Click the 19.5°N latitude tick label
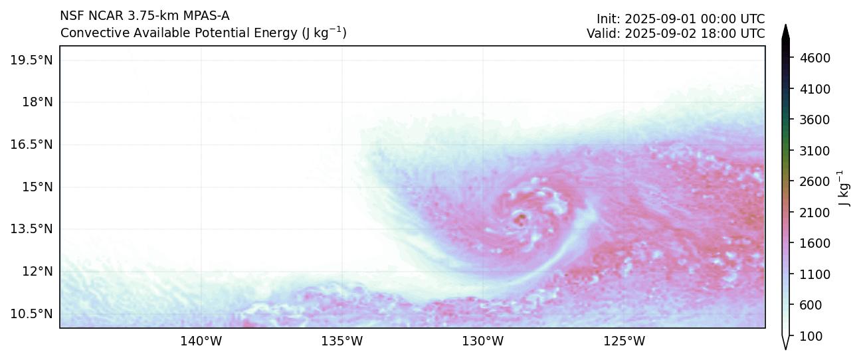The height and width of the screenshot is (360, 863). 31,60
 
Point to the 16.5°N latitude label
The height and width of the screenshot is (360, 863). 31,144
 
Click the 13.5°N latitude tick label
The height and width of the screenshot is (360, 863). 31,229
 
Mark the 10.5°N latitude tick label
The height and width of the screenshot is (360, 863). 31,314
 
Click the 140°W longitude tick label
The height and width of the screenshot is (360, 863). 201,341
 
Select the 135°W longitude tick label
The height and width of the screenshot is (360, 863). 342,341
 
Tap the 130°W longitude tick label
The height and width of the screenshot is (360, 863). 483,341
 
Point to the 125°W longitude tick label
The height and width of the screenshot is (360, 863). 624,341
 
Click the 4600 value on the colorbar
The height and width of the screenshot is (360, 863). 816,58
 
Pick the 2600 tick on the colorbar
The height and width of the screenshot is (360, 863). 816,181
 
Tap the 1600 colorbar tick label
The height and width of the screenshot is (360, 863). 816,243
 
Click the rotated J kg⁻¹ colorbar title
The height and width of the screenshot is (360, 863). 844,188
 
